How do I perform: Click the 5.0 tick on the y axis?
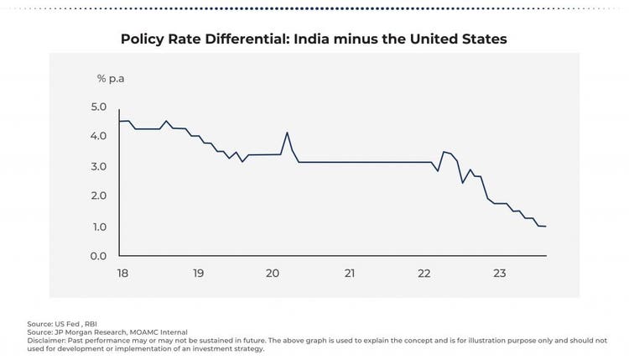[x=99, y=107]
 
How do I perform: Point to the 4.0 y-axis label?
[x=99, y=136]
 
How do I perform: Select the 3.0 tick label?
[x=99, y=166]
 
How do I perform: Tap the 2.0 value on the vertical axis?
[x=99, y=196]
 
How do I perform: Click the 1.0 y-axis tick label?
[x=99, y=227]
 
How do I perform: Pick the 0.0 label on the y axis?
[x=99, y=256]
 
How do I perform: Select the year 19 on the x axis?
[x=198, y=274]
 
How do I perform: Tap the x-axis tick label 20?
[x=273, y=274]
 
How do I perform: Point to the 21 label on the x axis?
[x=350, y=274]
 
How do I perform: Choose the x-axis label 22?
[x=424, y=274]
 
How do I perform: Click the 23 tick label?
[x=500, y=274]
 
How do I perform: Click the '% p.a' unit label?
[x=111, y=78]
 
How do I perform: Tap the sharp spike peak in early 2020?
[x=287, y=132]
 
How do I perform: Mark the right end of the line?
[x=546, y=227]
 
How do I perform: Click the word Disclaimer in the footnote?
[x=46, y=342]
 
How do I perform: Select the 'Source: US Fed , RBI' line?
[x=63, y=324]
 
